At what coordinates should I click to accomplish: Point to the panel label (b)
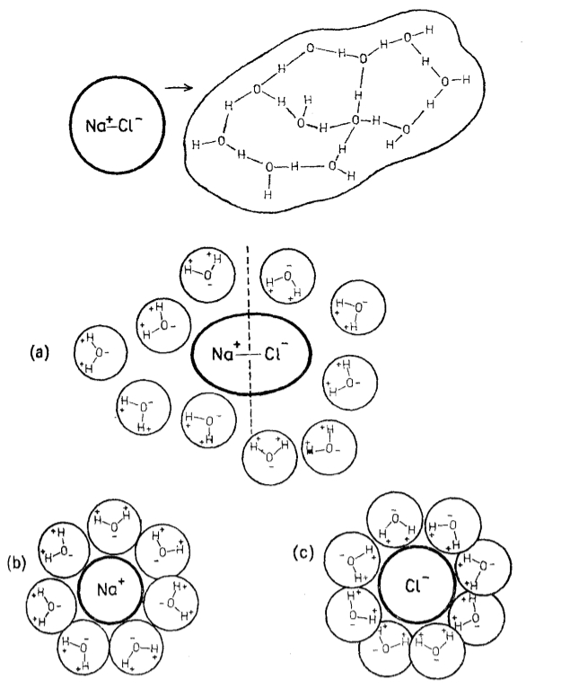(16, 563)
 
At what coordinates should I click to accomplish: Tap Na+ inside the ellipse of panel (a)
(223, 353)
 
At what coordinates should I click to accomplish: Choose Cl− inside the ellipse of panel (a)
(275, 353)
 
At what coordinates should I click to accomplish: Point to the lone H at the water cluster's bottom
(267, 193)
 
